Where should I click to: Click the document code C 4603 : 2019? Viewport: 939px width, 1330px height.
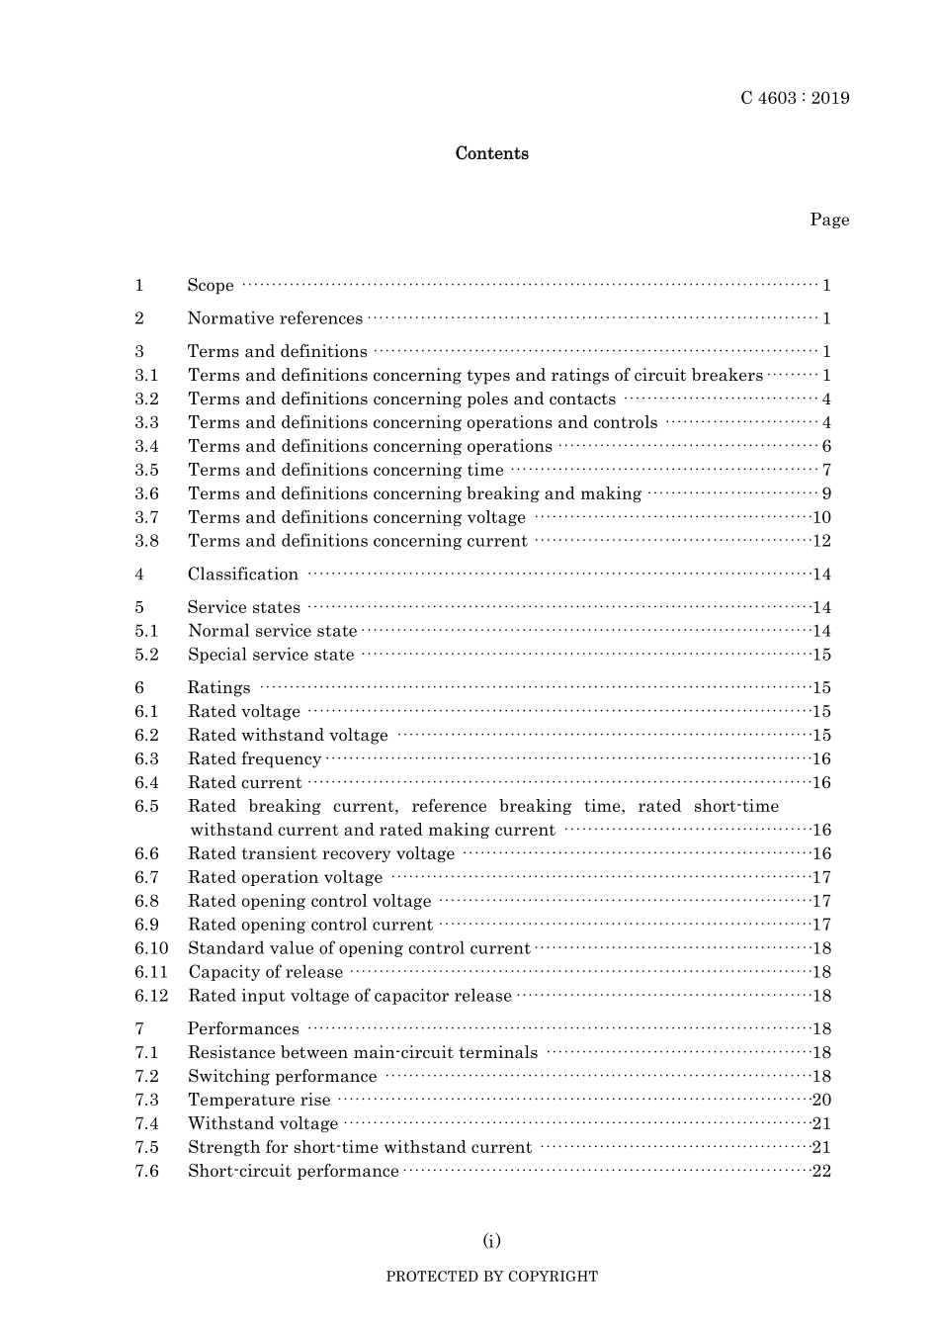(795, 98)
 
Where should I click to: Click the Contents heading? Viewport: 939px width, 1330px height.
(491, 153)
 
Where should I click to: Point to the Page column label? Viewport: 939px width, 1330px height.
(829, 220)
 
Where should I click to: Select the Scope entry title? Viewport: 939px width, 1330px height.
(211, 286)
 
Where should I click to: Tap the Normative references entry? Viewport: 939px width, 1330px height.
(275, 318)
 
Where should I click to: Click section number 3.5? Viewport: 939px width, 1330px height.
(146, 470)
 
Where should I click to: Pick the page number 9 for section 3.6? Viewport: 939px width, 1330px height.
(826, 493)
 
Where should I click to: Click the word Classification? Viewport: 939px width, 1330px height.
(243, 575)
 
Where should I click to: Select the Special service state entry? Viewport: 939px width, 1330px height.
(271, 655)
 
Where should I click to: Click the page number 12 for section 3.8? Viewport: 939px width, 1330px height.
(821, 541)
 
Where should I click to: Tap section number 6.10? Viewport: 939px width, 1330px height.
(151, 948)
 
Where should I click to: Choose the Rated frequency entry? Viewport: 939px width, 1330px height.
(254, 759)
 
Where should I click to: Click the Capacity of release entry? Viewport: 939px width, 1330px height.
(265, 972)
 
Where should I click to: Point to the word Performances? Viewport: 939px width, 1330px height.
(243, 1029)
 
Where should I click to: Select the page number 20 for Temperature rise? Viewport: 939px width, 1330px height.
(821, 1101)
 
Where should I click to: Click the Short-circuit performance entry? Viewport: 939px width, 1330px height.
(294, 1172)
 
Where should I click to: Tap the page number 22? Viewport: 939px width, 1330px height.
(821, 1172)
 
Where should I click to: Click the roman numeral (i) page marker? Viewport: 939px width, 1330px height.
(491, 1241)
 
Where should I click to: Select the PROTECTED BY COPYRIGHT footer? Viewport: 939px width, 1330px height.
(491, 1277)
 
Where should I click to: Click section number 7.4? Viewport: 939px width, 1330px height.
(146, 1124)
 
